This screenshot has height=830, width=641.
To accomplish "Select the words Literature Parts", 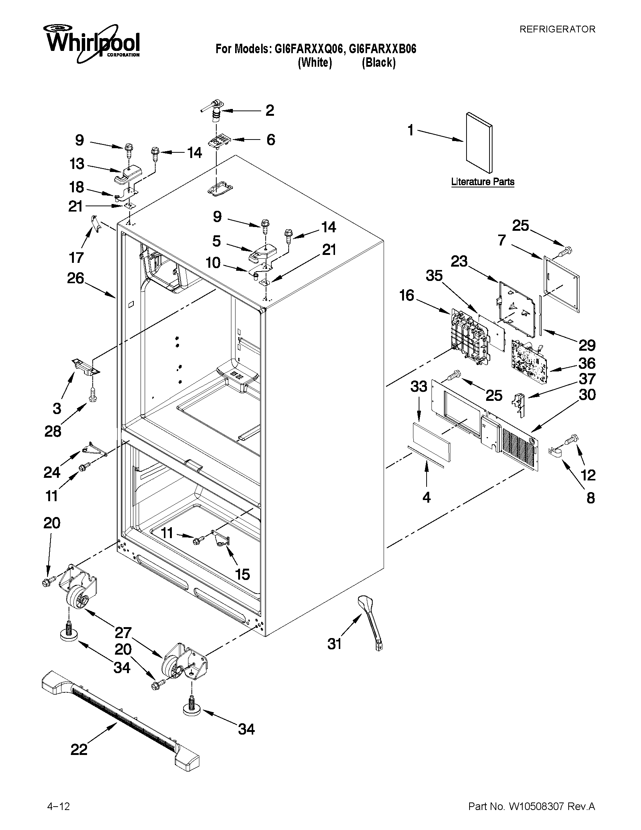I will tap(483, 182).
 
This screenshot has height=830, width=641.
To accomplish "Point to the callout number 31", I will tap(335, 644).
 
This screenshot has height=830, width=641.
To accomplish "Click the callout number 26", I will tap(76, 278).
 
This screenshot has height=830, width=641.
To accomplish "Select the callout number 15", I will tap(242, 574).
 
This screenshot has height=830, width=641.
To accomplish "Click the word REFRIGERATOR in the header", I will tap(557, 29).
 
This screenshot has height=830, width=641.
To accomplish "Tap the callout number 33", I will tap(419, 387).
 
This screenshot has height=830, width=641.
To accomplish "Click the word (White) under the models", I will tap(315, 62).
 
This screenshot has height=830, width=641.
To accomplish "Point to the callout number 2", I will tap(269, 110).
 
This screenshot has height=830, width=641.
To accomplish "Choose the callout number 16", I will tap(407, 295).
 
